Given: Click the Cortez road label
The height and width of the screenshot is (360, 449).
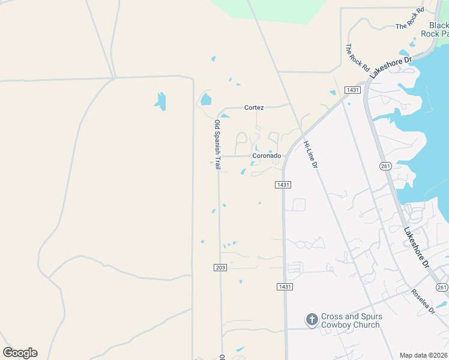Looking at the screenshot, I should point(254,107).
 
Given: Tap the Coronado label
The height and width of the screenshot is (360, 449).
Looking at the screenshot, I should point(267,156).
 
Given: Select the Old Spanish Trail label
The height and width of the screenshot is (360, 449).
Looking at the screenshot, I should point(218,144).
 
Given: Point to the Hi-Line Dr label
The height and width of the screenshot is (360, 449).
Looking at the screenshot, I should point(310,154).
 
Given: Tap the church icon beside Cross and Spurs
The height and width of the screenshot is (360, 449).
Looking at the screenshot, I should point(312,320).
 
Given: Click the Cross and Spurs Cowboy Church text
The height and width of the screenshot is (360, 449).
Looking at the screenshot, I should point(351,320).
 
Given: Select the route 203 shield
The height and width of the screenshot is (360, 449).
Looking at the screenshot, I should point(220,267).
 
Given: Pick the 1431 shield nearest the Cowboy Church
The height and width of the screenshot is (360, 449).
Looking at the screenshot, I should point(285,287).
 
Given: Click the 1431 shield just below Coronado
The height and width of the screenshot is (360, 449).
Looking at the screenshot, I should point(284,185).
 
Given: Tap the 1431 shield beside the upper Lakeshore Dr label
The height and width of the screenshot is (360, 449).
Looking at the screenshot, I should point(352,90).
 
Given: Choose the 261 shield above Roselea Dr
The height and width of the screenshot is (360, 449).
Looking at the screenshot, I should point(442,287).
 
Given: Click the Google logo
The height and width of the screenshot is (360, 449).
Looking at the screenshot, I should point(20,353).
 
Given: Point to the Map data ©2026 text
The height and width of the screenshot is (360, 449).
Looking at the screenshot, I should point(424,355).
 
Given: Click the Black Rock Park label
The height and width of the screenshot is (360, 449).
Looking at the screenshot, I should point(439,29).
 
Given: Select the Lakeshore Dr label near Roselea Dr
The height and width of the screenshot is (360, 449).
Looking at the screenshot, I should point(417,247).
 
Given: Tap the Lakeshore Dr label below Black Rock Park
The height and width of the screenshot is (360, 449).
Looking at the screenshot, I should point(390,66).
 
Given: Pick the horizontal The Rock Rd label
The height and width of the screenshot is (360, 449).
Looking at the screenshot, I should point(410,26).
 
